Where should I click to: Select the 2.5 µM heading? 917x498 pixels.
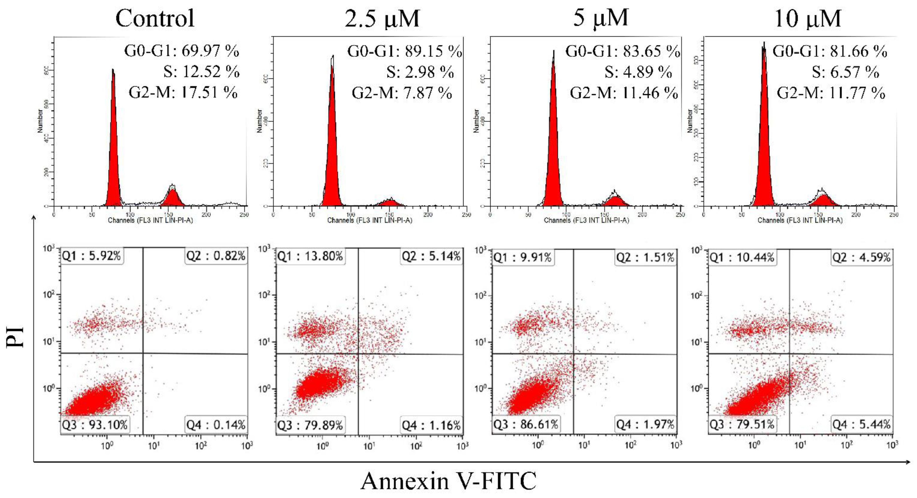tap(382, 19)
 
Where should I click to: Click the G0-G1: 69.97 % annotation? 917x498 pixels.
tap(181, 51)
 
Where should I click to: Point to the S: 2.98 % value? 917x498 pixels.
tap(420, 72)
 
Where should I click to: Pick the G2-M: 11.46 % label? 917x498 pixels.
tap(624, 93)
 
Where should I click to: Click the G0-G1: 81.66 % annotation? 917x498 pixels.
tap(829, 51)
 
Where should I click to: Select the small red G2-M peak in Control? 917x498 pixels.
tap(173, 198)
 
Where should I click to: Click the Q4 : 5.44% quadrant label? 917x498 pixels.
tap(861, 424)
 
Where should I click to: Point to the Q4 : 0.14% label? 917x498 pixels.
tap(216, 425)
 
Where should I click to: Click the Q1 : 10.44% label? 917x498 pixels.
tap(742, 257)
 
